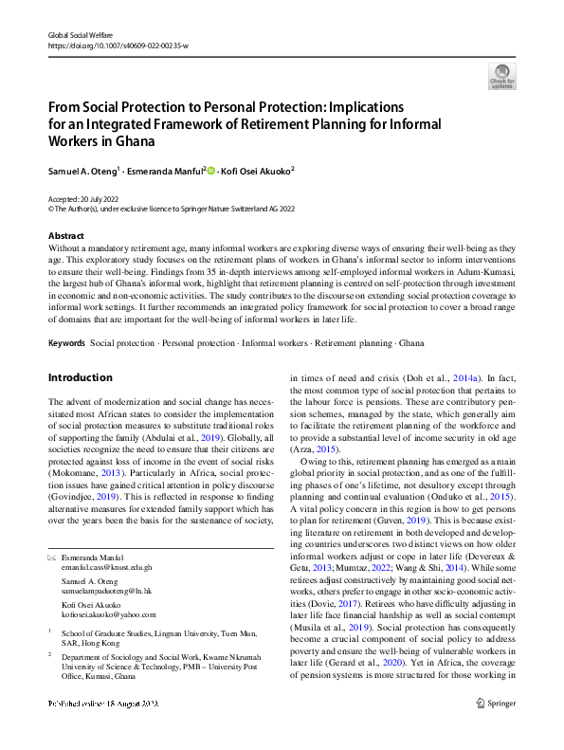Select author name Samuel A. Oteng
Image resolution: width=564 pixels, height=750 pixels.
tap(82, 171)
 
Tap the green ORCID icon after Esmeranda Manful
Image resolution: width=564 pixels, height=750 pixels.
tap(212, 171)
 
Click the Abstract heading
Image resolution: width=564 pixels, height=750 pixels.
tap(66, 235)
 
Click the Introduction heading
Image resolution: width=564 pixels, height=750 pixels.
tap(81, 377)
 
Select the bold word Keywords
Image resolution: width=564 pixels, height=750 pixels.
tap(66, 342)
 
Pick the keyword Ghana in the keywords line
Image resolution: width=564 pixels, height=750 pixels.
tap(412, 342)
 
